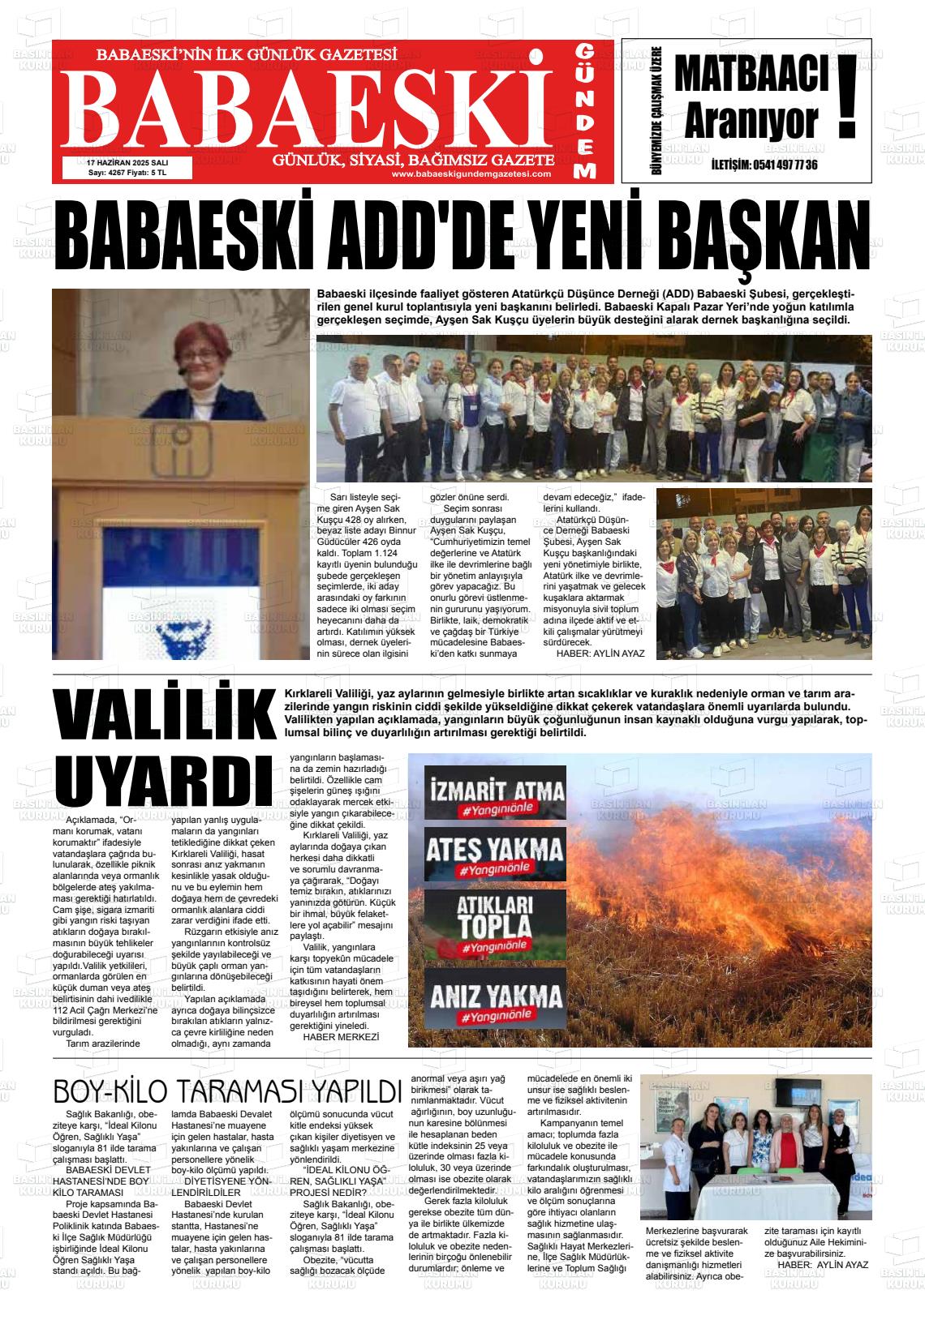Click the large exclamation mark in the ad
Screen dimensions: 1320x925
click(x=847, y=96)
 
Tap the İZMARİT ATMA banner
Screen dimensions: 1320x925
click(x=495, y=792)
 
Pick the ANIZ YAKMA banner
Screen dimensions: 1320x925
click(x=495, y=998)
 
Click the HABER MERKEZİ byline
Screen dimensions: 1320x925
click(x=341, y=1037)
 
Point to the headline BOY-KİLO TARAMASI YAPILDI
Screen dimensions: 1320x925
click(x=227, y=1091)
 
